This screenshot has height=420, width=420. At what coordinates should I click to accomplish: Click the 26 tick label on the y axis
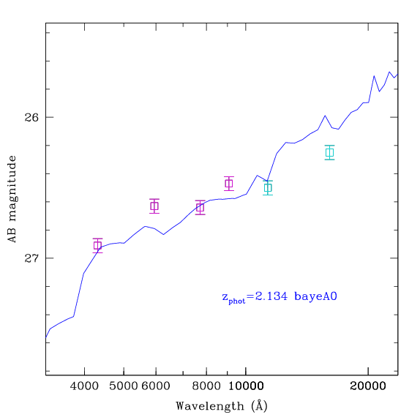pos(31,117)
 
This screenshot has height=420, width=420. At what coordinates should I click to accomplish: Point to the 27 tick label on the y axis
pos(31,258)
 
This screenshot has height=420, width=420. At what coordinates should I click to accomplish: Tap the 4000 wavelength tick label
pos(84,386)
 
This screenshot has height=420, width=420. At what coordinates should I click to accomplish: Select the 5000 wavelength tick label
pos(124,386)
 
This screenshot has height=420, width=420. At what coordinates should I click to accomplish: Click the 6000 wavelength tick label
pos(156,386)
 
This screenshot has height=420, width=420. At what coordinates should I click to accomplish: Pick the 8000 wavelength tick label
pos(206,386)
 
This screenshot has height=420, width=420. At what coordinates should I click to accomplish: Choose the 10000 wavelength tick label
pos(246,386)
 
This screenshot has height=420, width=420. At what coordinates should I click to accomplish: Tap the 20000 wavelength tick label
pos(368,386)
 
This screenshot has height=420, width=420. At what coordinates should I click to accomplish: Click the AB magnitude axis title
pos(12,199)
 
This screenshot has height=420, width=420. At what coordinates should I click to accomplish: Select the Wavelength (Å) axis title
pos(222,406)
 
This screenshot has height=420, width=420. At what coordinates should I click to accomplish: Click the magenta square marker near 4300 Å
pos(97,245)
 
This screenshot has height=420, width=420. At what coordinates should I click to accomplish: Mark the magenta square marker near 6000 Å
pos(154,206)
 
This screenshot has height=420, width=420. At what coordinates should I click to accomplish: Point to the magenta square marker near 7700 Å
pos(200,207)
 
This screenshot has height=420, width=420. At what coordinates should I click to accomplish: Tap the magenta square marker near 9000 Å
pos(229,184)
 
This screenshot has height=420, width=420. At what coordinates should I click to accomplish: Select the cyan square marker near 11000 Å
pos(268,188)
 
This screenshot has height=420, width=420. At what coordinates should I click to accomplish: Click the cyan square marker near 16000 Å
pos(330,152)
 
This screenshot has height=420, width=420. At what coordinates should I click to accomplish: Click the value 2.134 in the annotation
pos(271,296)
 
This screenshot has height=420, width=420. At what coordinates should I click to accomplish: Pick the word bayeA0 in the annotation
pos(315,297)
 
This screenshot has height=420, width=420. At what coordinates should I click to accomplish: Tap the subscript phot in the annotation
pos(237,301)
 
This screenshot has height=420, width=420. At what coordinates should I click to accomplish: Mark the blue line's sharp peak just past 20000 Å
pos(374,76)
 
